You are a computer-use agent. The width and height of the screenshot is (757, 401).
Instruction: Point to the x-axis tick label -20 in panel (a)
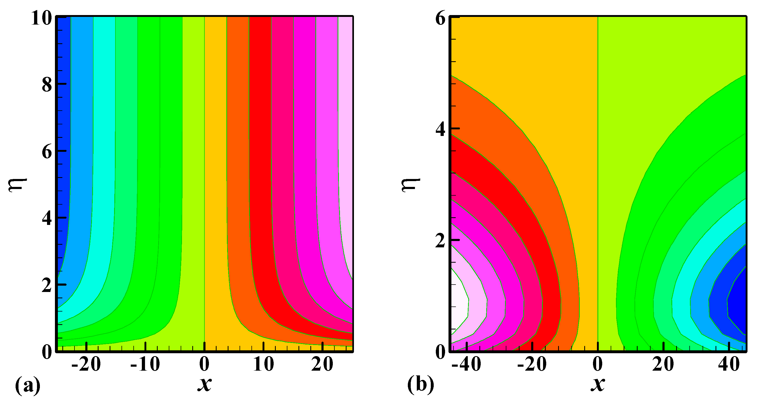coord(86,364)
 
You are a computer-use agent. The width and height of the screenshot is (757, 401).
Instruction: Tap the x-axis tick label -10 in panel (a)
coord(145,364)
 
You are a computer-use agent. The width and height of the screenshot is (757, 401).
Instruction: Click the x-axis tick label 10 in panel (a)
coord(264,364)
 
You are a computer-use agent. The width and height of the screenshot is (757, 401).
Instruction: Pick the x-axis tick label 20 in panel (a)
coord(322,364)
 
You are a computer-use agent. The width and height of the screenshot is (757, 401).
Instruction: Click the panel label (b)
coord(420,384)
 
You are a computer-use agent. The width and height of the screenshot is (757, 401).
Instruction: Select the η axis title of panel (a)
coord(18,185)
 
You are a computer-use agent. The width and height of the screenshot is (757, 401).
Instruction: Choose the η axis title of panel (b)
coord(411,185)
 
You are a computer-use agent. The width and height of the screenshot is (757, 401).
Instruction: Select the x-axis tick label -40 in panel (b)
coord(466,364)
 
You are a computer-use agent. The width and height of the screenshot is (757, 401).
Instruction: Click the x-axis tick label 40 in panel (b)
coord(729,364)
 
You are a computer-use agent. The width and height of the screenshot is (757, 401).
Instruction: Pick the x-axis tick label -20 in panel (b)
coord(532,364)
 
